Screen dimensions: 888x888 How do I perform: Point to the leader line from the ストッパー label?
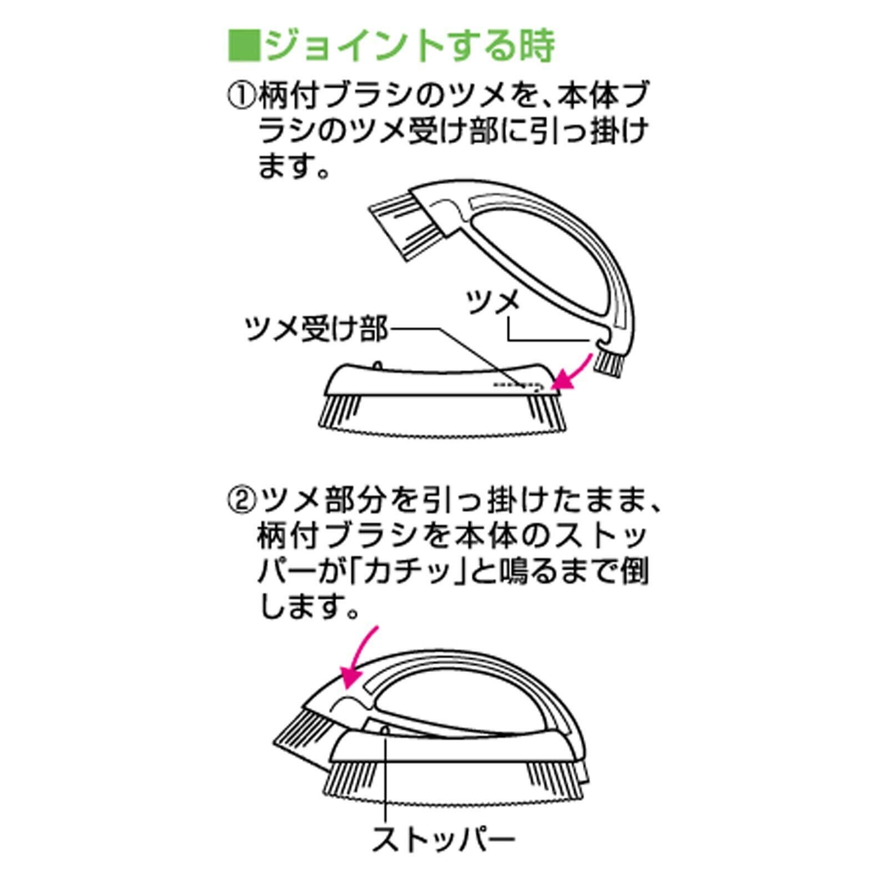pyautogui.click(x=384, y=777)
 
